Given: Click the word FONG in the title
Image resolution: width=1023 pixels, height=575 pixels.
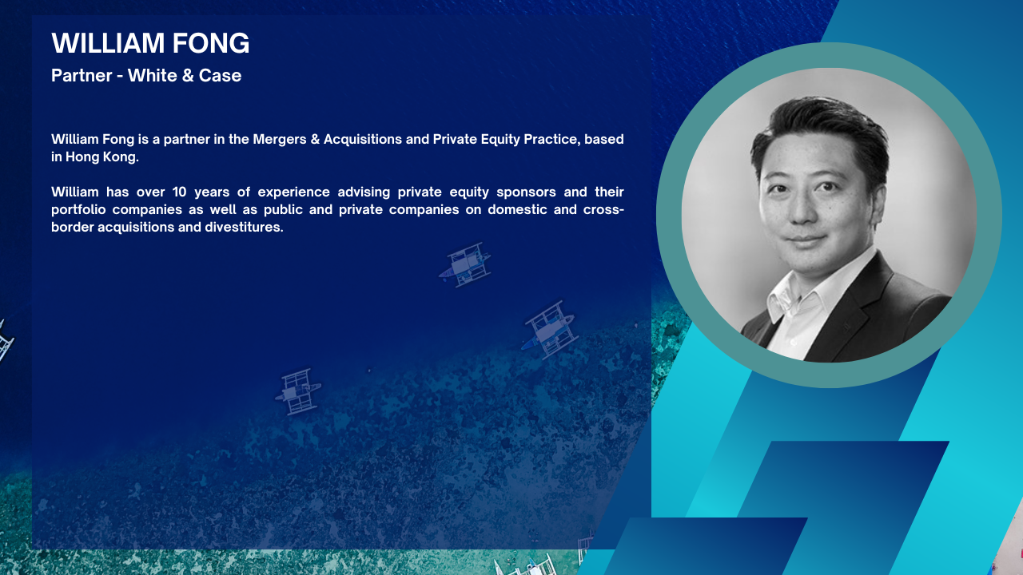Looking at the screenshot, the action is [x=211, y=43].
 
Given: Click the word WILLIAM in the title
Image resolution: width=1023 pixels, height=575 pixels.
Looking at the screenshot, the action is [x=108, y=43].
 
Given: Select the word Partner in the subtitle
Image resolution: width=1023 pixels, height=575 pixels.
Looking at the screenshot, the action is [x=82, y=75].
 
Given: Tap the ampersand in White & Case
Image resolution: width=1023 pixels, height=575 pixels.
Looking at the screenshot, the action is [x=187, y=75].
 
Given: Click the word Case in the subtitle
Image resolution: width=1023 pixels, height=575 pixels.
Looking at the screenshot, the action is [x=220, y=75].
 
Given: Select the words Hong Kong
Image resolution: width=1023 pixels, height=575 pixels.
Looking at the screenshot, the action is [x=102, y=157].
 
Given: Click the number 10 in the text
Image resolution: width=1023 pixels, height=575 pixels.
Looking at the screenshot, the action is [x=180, y=192].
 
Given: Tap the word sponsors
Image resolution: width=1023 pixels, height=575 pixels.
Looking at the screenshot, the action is [x=526, y=192].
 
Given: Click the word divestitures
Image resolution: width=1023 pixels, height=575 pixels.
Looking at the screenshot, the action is [x=244, y=227].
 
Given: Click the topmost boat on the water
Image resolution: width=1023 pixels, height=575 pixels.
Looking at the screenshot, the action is [x=465, y=264].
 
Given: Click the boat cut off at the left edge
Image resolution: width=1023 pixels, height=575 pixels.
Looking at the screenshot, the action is [x=6, y=341].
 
